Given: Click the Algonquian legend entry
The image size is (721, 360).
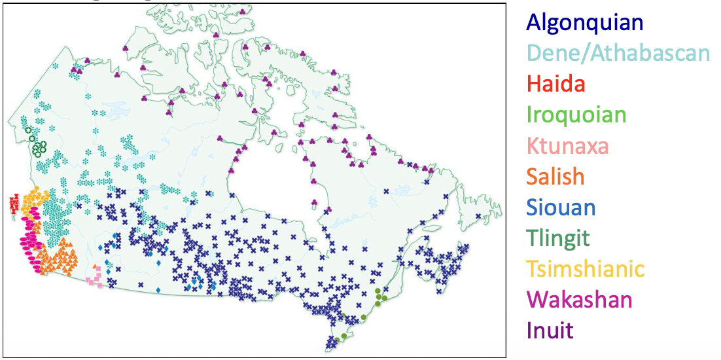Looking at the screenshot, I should point(584,22).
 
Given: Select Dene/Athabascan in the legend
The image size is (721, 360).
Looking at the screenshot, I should point(618,53).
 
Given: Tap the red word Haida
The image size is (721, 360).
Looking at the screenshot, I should point(555,84).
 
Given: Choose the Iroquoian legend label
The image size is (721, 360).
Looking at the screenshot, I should point(576,115).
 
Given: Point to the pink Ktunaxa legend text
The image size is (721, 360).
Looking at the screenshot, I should point(567,146).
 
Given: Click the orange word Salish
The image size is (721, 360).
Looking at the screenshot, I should point(555,177).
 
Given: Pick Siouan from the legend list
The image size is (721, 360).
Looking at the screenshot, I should point(561,207).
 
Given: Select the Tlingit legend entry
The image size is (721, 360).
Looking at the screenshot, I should point(558,238).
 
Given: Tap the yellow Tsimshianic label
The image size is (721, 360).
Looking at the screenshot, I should point(585,269).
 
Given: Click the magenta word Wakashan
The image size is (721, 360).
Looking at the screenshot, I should point(579,300).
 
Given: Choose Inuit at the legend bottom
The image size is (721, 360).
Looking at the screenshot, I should point(550,330).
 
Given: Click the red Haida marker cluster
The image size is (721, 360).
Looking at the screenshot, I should point(14,204).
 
